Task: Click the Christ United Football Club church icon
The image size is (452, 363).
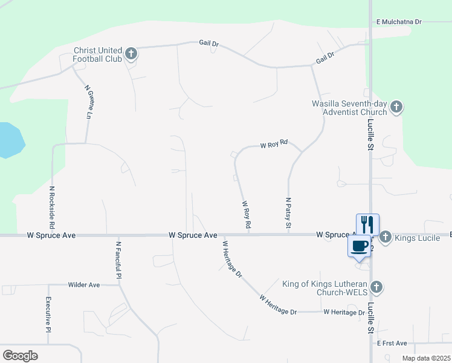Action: (x=131, y=54)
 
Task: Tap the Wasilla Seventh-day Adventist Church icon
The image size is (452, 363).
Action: (x=396, y=108)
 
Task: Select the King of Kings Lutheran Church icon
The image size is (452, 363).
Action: (x=376, y=287)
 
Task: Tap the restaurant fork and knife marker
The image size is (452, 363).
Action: (x=367, y=223)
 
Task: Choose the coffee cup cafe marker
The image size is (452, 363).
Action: (x=359, y=246)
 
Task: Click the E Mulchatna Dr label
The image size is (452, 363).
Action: (x=398, y=21)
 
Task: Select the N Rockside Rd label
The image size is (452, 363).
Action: (x=53, y=207)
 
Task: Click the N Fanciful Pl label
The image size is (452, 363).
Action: (x=118, y=260)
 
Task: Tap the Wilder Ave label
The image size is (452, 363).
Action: (x=84, y=284)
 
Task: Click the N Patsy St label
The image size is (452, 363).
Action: (x=288, y=213)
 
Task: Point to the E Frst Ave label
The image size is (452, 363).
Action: (x=393, y=343)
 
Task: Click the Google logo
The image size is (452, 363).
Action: (x=21, y=356)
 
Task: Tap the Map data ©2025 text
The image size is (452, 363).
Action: (x=426, y=358)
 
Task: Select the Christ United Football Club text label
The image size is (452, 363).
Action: (x=97, y=54)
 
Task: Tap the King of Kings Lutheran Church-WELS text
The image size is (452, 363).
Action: (x=324, y=287)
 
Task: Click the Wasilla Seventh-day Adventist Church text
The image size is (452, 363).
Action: (x=349, y=108)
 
